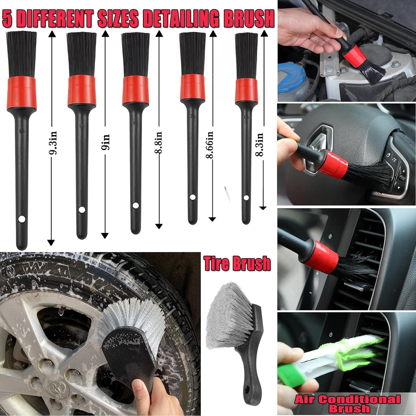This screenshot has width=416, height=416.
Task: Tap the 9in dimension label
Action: coord(106,142)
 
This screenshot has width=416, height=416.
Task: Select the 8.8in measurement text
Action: coord(158,143)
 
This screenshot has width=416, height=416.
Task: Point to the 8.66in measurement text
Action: coord(210,144)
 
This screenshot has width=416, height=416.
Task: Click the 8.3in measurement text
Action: coord(260,144)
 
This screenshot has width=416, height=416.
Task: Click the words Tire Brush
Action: coord(237,263)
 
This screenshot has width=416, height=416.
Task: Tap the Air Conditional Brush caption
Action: coord(347,404)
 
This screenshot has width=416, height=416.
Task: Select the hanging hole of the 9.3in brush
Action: coord(21,220)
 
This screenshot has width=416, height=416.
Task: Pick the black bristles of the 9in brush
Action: coord(82,54)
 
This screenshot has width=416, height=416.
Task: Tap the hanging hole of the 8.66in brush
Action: coord(192,197)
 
